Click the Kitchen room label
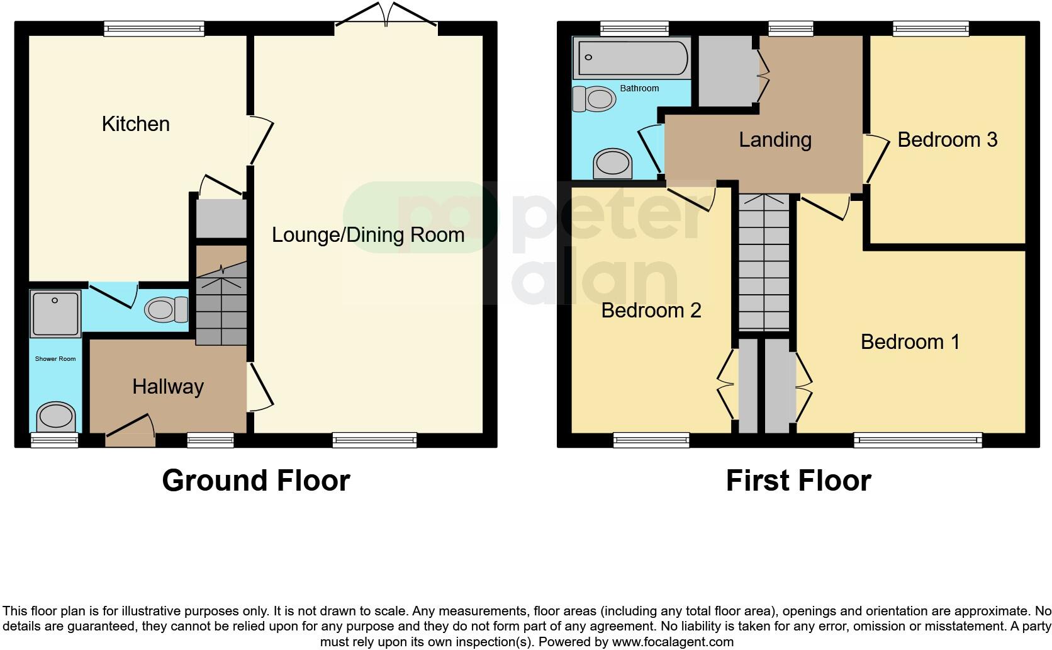(135, 123)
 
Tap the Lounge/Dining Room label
(368, 235)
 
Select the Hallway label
(168, 386)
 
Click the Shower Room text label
(55, 359)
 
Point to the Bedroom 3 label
(947, 139)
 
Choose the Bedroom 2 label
(651, 310)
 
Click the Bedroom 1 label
(910, 341)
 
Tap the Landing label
(775, 139)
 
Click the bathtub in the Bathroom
(632, 58)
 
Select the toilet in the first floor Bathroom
(595, 99)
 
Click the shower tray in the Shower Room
(55, 313)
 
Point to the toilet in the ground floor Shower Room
(166, 309)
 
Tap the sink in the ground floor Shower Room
(56, 416)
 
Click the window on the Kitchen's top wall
(154, 28)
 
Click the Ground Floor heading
(255, 481)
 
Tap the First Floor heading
(798, 481)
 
